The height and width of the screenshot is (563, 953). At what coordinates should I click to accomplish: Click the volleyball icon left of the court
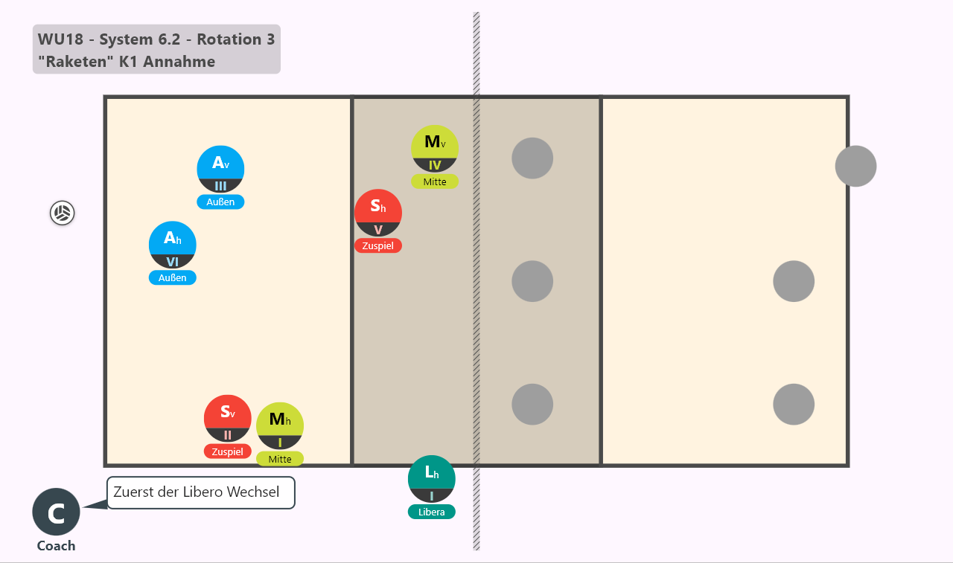(62, 213)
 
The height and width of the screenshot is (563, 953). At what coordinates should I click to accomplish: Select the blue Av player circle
(220, 169)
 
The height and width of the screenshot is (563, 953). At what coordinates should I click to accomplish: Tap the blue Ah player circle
(172, 245)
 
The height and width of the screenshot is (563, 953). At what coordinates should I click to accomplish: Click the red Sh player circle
(377, 213)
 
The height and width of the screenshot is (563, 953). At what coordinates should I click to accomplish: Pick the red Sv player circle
(228, 419)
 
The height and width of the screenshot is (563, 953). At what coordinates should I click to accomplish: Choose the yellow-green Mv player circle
(435, 149)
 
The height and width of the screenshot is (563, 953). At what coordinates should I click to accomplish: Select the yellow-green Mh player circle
(280, 425)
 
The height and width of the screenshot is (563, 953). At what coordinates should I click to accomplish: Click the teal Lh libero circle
(431, 479)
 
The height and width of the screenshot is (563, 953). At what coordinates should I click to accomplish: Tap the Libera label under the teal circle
(431, 512)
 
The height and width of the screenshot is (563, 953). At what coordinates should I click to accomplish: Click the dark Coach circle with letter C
(56, 512)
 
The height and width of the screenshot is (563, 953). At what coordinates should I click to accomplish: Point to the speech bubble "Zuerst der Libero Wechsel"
(201, 492)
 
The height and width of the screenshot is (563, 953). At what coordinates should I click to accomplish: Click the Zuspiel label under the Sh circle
(377, 245)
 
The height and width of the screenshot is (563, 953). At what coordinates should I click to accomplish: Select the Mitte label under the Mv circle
(435, 182)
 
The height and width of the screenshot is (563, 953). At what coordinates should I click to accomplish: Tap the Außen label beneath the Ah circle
(172, 278)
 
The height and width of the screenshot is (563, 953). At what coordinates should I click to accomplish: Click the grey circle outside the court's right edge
(855, 166)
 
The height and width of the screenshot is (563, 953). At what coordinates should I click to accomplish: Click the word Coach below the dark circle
(56, 546)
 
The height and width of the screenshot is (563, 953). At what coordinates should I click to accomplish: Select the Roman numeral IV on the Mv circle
(435, 165)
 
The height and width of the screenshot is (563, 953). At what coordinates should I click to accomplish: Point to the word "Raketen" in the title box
(76, 62)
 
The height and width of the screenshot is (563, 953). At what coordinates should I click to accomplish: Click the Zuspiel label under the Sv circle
(228, 451)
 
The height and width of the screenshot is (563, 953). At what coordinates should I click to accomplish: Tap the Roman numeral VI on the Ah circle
(172, 262)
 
